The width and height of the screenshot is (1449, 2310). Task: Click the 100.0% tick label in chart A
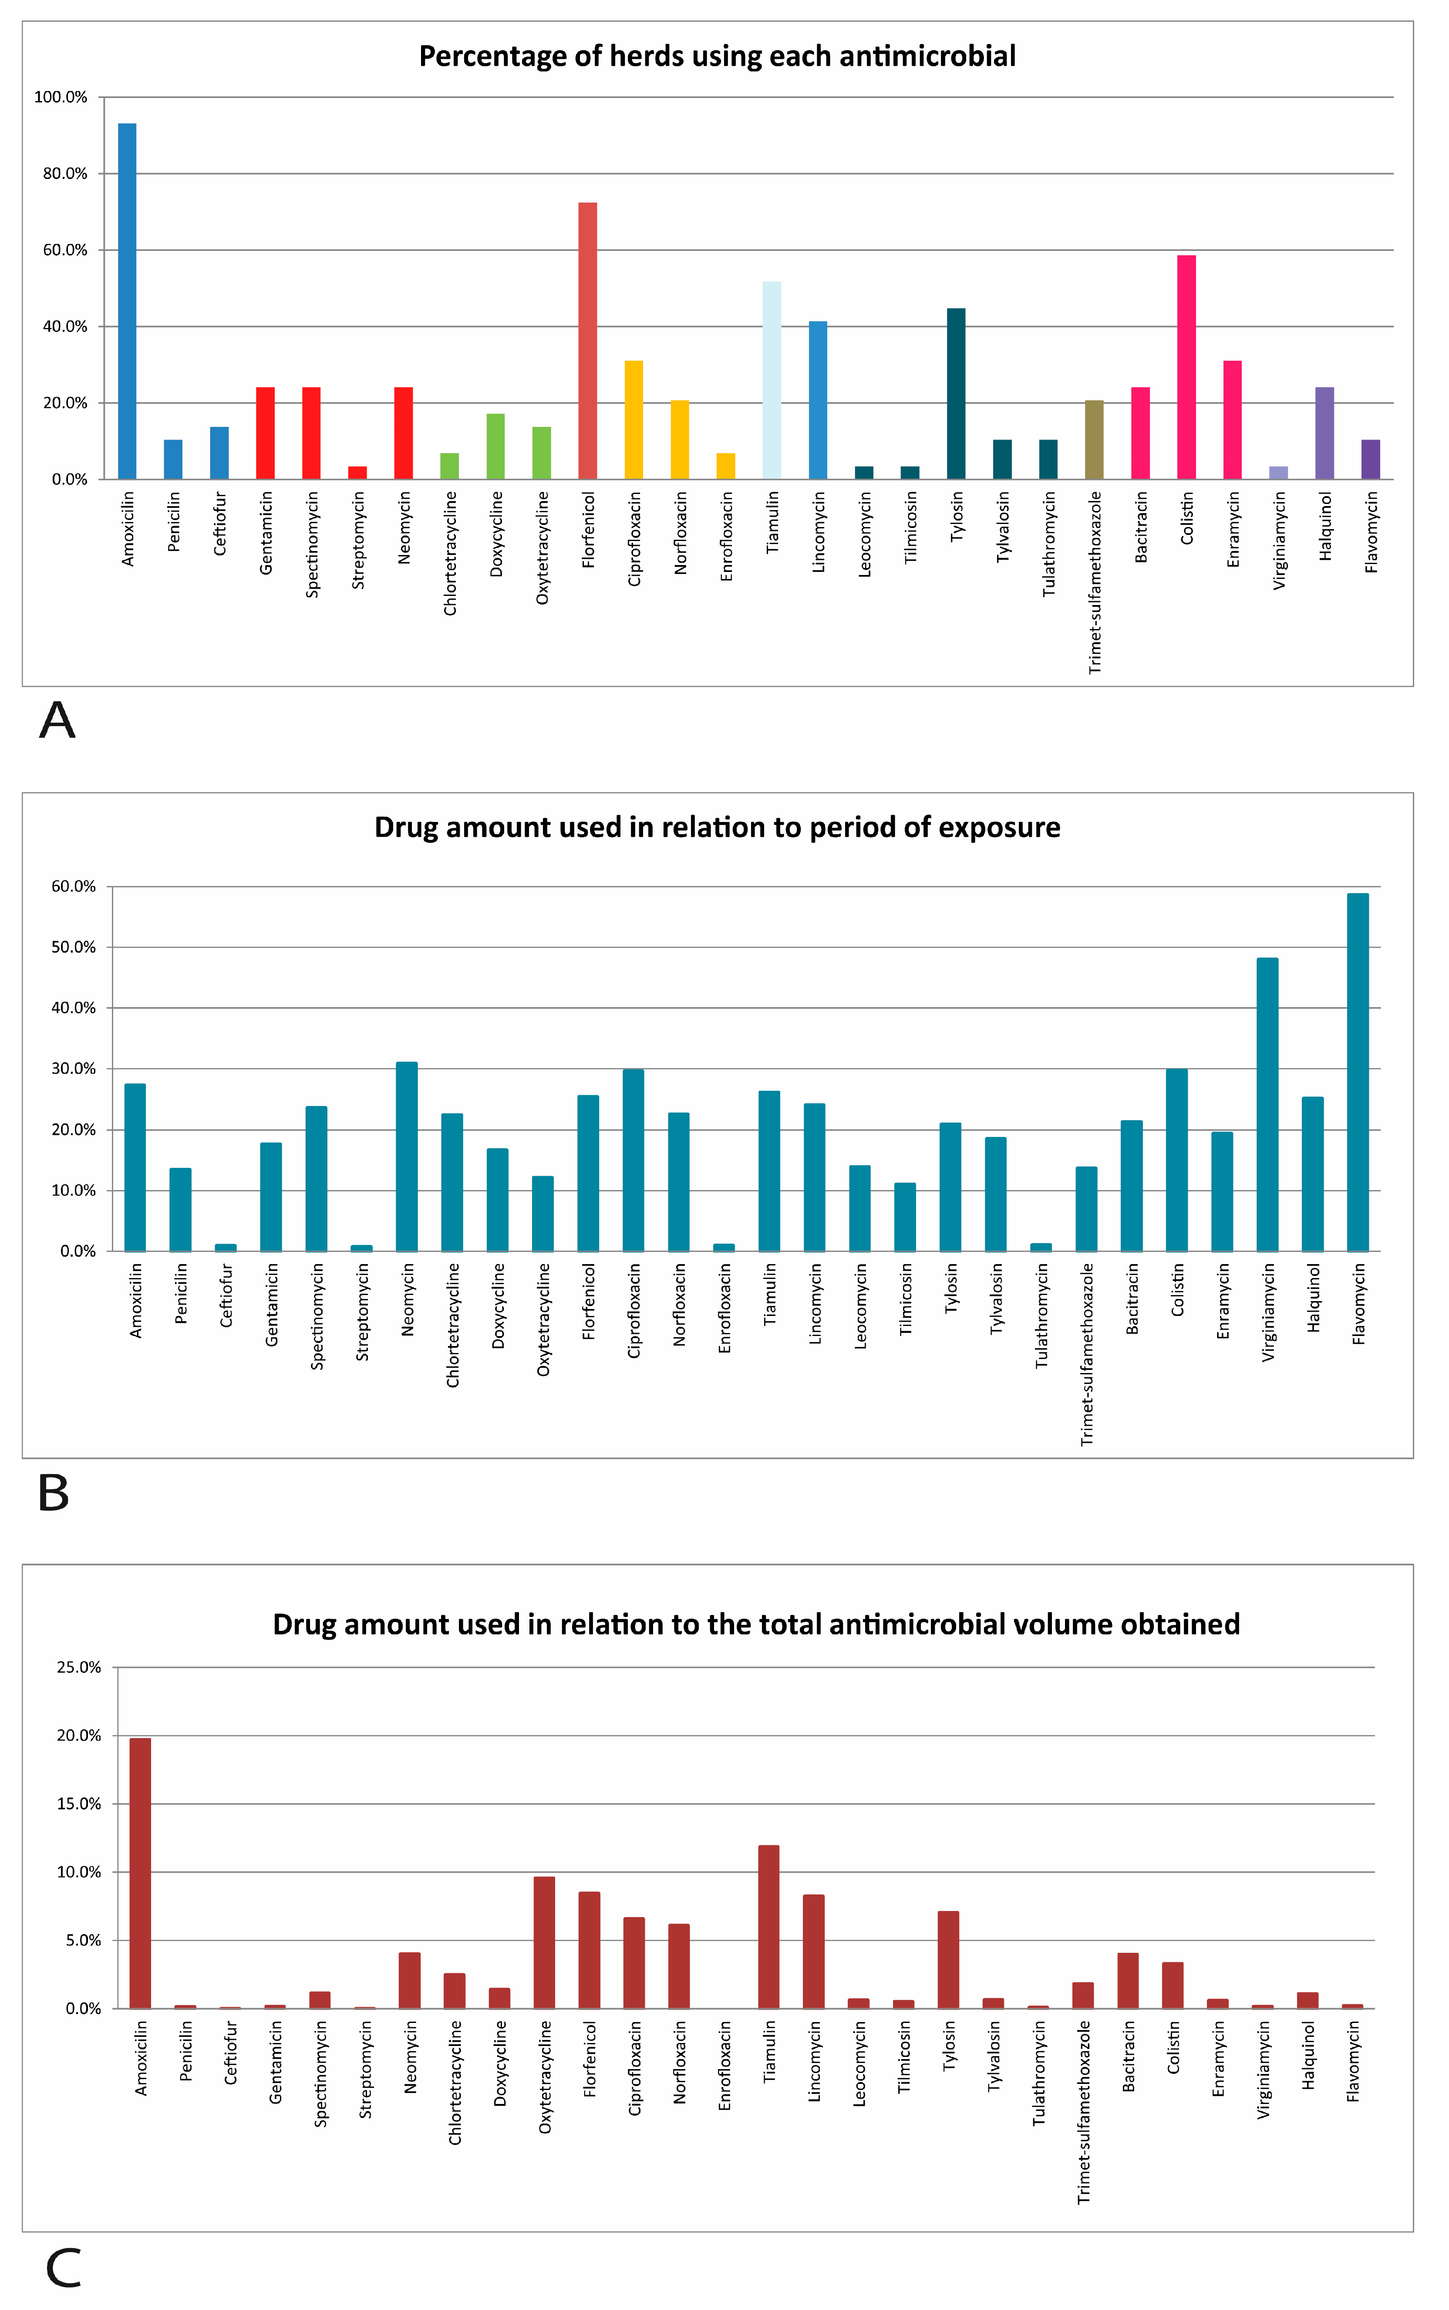(x=61, y=97)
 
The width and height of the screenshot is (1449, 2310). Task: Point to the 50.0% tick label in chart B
(x=74, y=947)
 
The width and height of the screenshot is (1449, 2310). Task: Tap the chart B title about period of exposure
(x=717, y=827)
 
